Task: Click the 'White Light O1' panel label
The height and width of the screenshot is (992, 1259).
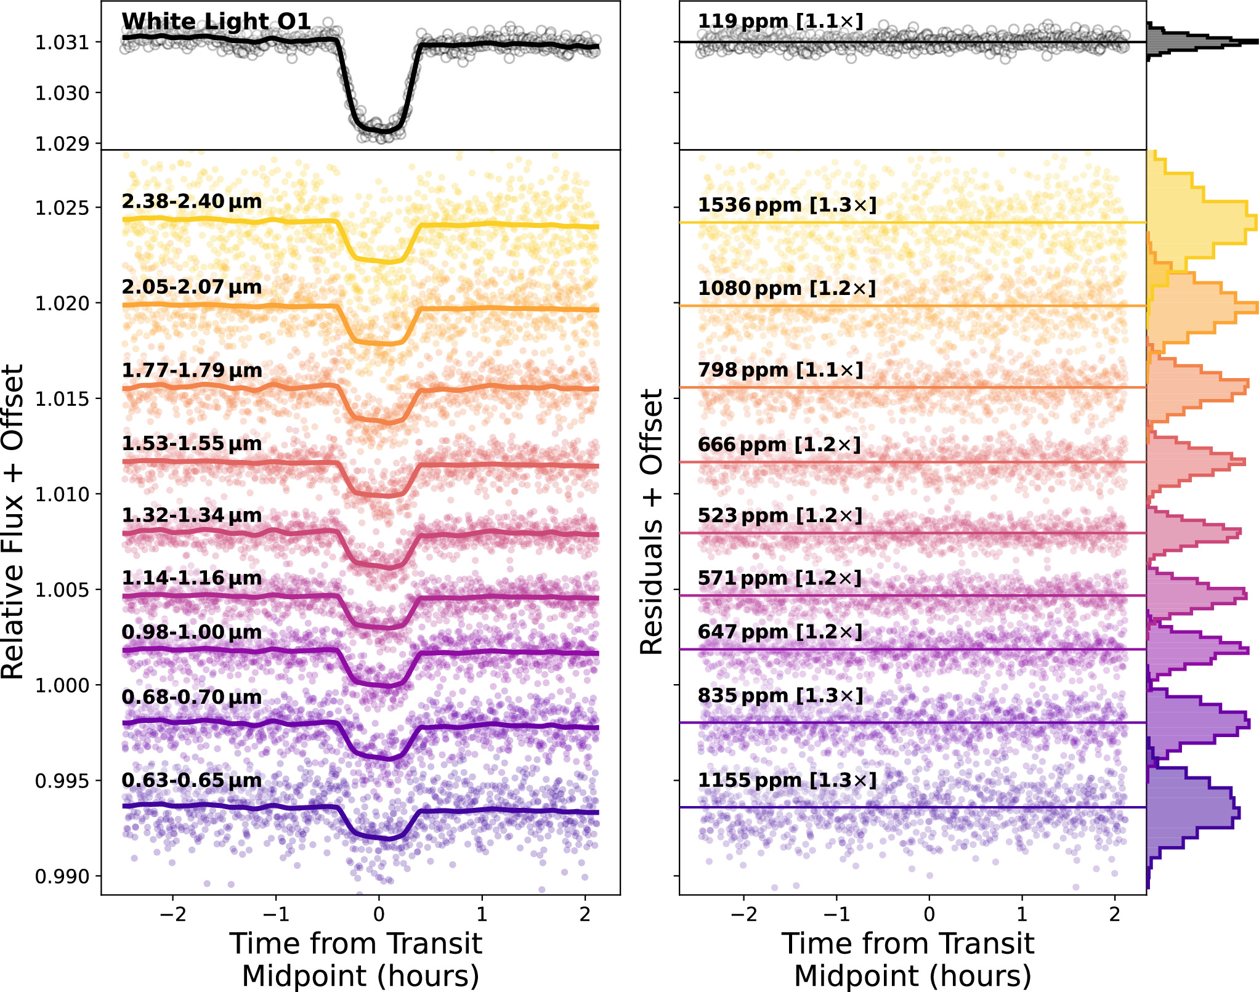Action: click(216, 22)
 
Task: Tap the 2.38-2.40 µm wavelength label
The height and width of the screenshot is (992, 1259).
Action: click(192, 201)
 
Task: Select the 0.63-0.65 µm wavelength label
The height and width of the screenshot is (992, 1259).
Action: click(192, 780)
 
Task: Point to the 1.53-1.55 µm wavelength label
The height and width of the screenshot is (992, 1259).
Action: click(192, 443)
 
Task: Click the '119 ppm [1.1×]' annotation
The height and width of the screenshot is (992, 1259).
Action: click(780, 22)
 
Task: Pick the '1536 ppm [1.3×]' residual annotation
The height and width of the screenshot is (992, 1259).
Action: click(787, 205)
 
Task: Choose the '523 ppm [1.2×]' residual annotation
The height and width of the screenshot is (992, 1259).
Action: click(780, 515)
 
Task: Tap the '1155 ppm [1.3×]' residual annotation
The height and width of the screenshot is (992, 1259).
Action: click(787, 780)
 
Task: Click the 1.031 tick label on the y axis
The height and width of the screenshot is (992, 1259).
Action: click(62, 42)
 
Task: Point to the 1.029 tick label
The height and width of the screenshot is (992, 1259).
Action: click(62, 144)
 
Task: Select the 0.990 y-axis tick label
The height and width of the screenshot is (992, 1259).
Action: click(62, 876)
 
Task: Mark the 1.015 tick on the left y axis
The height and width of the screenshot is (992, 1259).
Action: click(62, 399)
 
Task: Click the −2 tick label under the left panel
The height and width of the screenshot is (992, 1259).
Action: click(172, 914)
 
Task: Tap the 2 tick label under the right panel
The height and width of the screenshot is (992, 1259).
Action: click(1114, 914)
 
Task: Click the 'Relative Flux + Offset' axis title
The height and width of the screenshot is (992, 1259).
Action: click(14, 522)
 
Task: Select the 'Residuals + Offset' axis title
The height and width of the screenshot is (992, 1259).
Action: click(652, 522)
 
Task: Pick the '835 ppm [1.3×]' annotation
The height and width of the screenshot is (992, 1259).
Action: click(780, 696)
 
